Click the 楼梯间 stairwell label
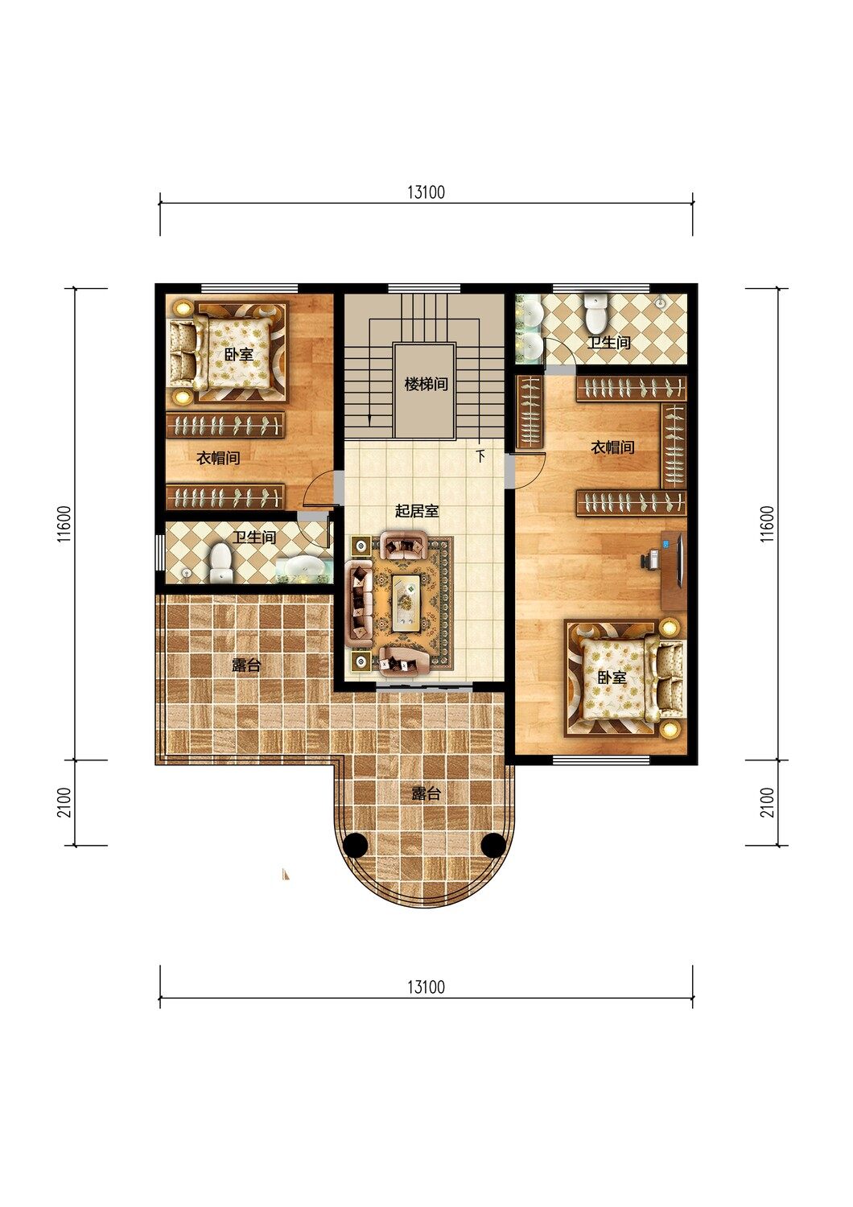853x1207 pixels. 426,385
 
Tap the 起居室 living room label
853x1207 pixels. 417,511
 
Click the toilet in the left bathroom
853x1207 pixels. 220,563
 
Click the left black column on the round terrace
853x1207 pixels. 355,845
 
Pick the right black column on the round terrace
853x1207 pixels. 492,845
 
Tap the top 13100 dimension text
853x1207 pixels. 426,192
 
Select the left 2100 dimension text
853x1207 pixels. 64,802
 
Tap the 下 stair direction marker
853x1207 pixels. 480,456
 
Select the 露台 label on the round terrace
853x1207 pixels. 426,793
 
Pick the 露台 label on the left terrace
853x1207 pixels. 246,665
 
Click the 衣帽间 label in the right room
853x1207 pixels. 612,447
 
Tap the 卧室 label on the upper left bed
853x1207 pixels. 239,355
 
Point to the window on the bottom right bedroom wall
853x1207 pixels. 602,760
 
